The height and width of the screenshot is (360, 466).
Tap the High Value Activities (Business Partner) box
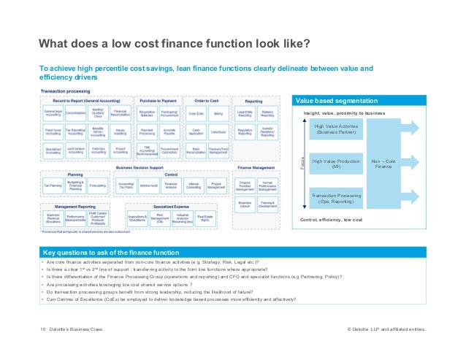pyautogui.click(x=335, y=130)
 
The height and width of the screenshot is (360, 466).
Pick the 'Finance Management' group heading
pyautogui.click(x=256, y=167)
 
